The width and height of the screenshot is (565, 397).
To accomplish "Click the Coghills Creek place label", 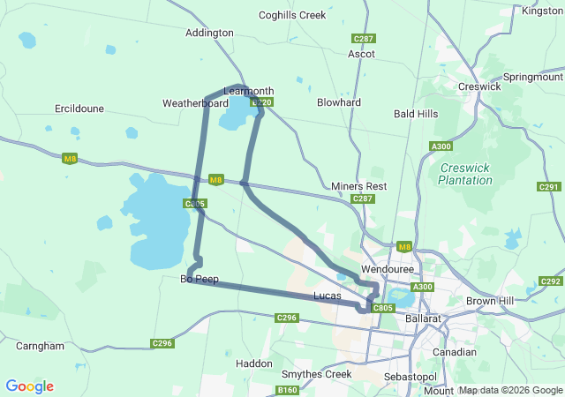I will (x=292, y=15).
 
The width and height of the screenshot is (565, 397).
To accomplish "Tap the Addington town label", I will (x=209, y=33).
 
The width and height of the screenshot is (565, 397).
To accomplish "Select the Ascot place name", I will (x=361, y=54).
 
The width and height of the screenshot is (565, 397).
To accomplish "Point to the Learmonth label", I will (x=249, y=91).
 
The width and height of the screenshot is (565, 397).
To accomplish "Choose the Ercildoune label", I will (x=79, y=109).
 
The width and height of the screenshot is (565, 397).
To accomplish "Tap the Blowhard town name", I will (x=339, y=102).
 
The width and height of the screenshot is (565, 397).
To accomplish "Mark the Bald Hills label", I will (x=416, y=114).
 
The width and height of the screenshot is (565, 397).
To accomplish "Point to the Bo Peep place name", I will (x=200, y=279).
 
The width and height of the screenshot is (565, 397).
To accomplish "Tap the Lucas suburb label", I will (x=328, y=296).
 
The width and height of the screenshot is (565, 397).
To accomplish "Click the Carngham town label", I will (x=40, y=346).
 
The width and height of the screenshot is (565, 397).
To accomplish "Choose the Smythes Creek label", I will (x=316, y=374).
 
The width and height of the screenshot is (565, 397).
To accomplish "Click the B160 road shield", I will (x=288, y=390).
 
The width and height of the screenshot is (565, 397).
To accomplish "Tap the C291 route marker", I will (x=549, y=187).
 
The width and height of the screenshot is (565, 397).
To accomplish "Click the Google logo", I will (x=29, y=386).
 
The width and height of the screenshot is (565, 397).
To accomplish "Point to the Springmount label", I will (x=532, y=78).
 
